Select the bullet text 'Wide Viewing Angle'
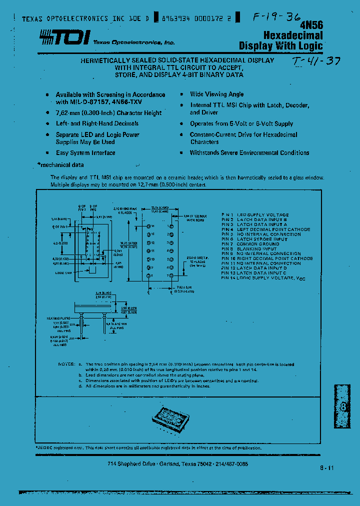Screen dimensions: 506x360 coord(216,94)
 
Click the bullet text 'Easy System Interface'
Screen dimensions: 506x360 coord(85,153)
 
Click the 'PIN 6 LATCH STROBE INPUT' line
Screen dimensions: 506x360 coord(254,239)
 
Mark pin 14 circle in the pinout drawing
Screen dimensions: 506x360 coord(148,226)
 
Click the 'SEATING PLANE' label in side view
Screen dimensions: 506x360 coord(63,317)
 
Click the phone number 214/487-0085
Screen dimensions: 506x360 coord(231,464)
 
